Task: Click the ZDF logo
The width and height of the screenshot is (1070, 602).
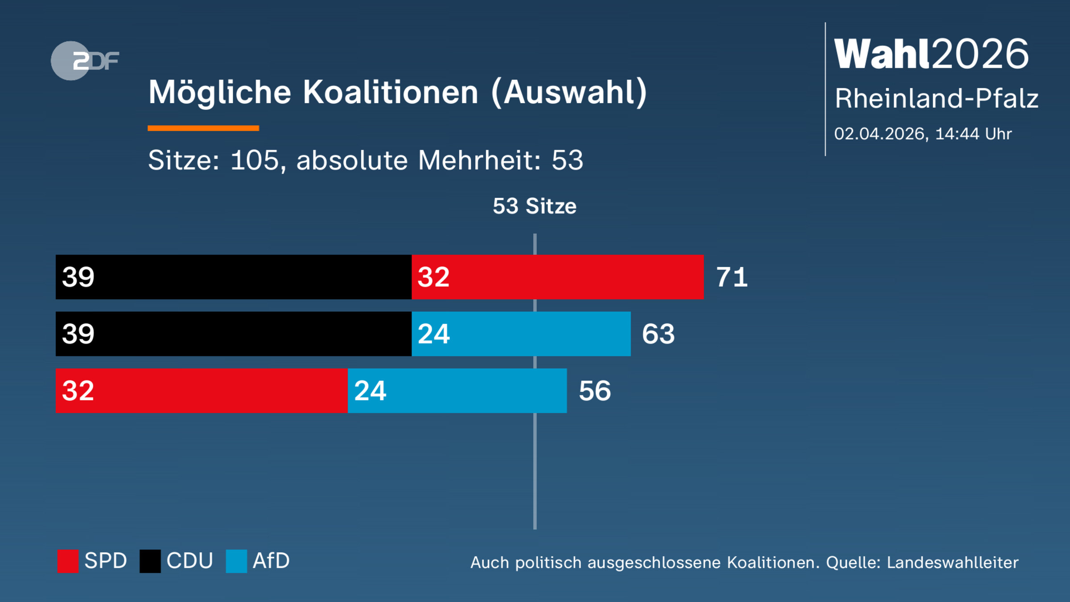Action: pyautogui.click(x=85, y=61)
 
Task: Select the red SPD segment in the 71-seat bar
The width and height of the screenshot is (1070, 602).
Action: pyautogui.click(x=557, y=277)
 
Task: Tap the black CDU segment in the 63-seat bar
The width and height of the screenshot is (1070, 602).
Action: pyautogui.click(x=233, y=334)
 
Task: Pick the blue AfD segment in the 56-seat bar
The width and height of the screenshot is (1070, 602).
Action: pyautogui.click(x=457, y=391)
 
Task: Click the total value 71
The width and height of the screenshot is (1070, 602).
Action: pyautogui.click(x=732, y=277)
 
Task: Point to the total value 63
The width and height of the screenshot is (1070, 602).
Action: pyautogui.click(x=658, y=334)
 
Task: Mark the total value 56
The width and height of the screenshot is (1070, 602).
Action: pyautogui.click(x=595, y=391)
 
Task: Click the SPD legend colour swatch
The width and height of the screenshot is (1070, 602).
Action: pyautogui.click(x=68, y=561)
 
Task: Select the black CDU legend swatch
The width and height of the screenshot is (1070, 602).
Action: pyautogui.click(x=150, y=561)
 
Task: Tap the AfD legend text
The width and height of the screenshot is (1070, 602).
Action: pyautogui.click(x=271, y=561)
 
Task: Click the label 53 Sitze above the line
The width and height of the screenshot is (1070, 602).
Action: pyautogui.click(x=535, y=206)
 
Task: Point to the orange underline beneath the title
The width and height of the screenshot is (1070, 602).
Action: pyautogui.click(x=203, y=128)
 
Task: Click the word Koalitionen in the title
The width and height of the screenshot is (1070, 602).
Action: pyautogui.click(x=390, y=92)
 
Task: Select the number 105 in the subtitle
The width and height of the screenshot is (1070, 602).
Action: pyautogui.click(x=255, y=160)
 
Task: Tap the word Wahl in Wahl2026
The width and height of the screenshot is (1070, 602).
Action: pyautogui.click(x=882, y=54)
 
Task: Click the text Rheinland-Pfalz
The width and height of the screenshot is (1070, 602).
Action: pyautogui.click(x=936, y=99)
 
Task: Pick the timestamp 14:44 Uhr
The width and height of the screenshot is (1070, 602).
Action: pyautogui.click(x=973, y=134)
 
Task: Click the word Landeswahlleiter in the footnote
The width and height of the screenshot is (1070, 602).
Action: pyautogui.click(x=952, y=563)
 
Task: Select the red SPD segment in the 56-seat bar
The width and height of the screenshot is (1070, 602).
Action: pyautogui.click(x=202, y=391)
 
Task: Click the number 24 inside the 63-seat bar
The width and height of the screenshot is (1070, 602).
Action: pyautogui.click(x=433, y=334)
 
